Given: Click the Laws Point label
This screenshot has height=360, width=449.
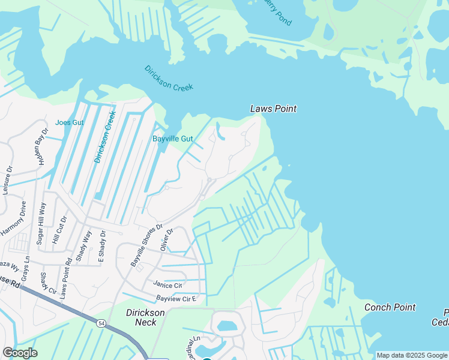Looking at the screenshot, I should (x=273, y=109).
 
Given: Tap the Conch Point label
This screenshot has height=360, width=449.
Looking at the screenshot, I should (x=390, y=307).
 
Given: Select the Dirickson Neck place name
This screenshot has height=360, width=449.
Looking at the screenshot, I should (x=142, y=317).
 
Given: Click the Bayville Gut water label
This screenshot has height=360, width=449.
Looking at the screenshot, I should (x=172, y=139).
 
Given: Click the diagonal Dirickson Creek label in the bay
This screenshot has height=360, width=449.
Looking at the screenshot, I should (x=169, y=78).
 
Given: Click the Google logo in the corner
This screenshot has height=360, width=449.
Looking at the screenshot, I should (x=19, y=353).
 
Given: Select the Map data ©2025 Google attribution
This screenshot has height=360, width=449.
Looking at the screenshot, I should (x=412, y=355).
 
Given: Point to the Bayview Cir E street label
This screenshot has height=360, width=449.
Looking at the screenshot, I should (x=177, y=298).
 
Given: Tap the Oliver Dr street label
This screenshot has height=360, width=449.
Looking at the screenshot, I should (x=166, y=239).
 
